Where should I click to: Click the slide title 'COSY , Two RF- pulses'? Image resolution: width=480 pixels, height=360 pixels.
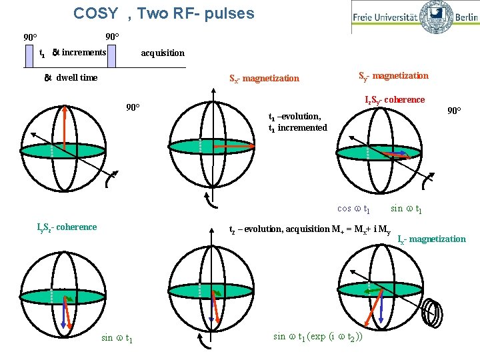tap(163, 13)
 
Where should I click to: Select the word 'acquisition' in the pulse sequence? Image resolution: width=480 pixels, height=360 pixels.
tap(163, 53)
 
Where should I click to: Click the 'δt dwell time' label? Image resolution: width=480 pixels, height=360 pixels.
tap(71, 77)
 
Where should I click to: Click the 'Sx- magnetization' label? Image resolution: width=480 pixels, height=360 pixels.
tap(264, 79)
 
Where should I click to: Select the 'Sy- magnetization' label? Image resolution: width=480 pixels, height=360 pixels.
tap(393, 76)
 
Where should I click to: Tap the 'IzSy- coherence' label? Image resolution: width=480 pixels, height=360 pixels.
tap(394, 100)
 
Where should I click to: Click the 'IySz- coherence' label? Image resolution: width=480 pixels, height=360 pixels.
tap(67, 227)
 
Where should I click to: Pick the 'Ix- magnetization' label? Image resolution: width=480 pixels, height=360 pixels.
tap(431, 239)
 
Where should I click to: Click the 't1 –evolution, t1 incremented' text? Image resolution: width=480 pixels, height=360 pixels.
tap(297, 121)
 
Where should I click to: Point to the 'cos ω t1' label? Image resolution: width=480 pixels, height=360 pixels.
tap(354, 208)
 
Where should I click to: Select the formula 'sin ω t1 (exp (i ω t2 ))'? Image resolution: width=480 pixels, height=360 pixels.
tap(318, 336)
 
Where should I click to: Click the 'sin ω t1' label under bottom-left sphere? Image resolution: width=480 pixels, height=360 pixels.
tap(117, 337)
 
